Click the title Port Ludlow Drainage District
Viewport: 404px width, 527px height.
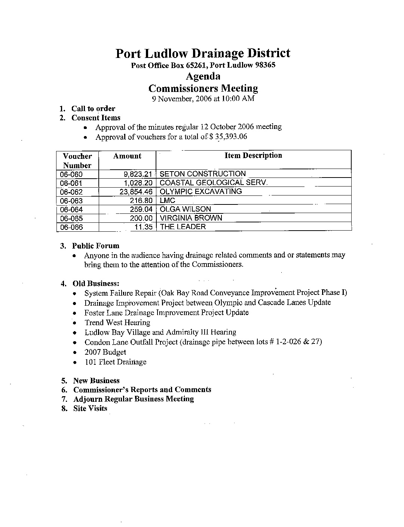tap(202, 53)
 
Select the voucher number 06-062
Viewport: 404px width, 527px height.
tap(71, 192)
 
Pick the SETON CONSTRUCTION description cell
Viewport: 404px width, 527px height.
tap(202, 174)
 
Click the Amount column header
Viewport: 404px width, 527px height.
tap(127, 156)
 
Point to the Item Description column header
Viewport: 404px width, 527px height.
tap(253, 155)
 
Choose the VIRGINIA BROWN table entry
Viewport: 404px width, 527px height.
tap(191, 218)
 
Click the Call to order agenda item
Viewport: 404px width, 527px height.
tap(93, 109)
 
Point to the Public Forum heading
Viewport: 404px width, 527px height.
tap(95, 246)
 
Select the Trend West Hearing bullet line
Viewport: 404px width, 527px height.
tap(117, 323)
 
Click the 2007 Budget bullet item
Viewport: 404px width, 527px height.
tap(105, 352)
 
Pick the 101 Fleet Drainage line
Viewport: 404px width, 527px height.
tap(115, 362)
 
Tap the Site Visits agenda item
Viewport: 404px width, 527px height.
tap(90, 409)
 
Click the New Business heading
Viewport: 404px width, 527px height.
tap(96, 381)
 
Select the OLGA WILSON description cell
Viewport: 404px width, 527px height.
tap(185, 209)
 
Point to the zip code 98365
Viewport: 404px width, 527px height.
tap(265, 65)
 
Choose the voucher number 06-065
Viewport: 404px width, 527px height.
tap(71, 219)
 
